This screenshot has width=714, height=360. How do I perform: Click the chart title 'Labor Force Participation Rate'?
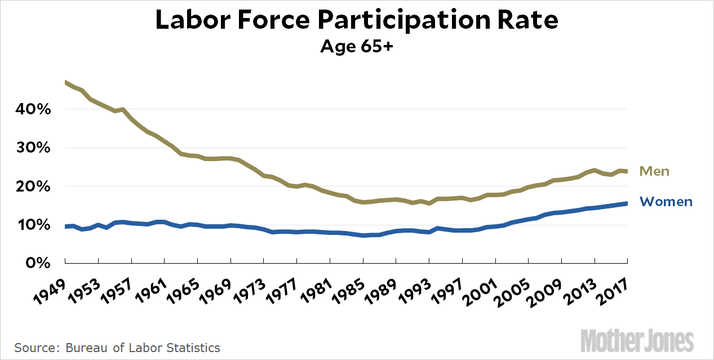(x=357, y=20)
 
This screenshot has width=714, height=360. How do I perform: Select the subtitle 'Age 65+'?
(x=356, y=46)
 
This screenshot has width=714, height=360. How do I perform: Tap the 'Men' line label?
(x=654, y=171)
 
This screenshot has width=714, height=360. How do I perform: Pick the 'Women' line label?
(x=666, y=202)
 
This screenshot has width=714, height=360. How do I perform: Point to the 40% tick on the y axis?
(x=33, y=109)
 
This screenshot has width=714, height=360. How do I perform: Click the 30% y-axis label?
(x=33, y=148)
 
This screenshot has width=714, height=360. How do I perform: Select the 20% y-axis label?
(x=33, y=186)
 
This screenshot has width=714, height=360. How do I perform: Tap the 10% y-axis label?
(x=33, y=225)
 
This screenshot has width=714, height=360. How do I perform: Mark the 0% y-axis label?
(x=37, y=263)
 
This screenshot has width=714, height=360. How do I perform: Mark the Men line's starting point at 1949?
(x=66, y=83)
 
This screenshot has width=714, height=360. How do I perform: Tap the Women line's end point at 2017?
(x=627, y=203)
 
